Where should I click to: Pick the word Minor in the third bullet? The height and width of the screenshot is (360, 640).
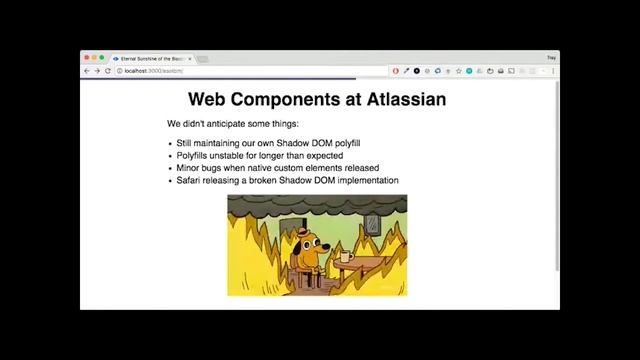pyautogui.click(x=189, y=168)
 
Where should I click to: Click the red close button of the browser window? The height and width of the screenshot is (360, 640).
pyautogui.click(x=86, y=58)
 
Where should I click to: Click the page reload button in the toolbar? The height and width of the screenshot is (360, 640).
pyautogui.click(x=107, y=71)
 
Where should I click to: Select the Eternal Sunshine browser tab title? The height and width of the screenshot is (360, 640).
pyautogui.click(x=153, y=58)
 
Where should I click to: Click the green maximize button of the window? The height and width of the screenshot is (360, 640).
pyautogui.click(x=101, y=58)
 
